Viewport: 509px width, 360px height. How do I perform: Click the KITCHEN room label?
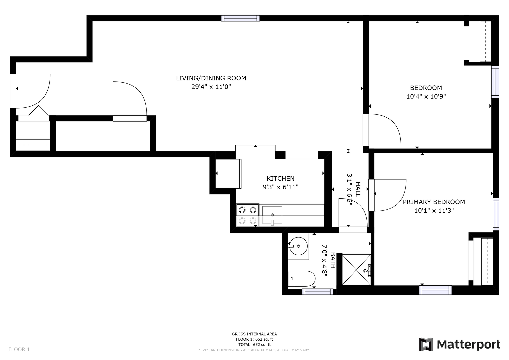tap(280, 178)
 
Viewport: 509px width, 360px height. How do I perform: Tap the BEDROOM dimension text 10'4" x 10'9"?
tap(426, 96)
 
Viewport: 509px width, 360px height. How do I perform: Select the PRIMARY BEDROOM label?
tap(434, 202)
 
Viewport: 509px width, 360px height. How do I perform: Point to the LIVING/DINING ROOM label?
tap(211, 78)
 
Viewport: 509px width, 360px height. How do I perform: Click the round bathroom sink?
tap(298, 246)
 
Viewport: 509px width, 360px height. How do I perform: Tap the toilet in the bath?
tap(302, 279)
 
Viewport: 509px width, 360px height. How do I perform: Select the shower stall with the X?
tap(356, 270)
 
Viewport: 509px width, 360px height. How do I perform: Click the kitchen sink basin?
tap(272, 215)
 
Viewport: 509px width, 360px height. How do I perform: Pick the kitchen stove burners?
tap(248, 215)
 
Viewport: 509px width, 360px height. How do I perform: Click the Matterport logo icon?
tap(426, 344)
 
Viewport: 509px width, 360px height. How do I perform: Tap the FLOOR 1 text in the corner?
tap(19, 349)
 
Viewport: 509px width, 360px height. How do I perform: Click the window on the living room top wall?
tap(240, 18)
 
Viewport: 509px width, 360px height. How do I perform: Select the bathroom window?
tap(318, 292)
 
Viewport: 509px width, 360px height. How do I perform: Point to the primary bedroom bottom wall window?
tap(435, 290)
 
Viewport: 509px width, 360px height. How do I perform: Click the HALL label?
tap(358, 189)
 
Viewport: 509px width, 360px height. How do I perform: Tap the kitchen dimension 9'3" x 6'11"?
tap(280, 187)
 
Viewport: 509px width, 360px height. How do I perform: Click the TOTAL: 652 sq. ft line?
tap(255, 345)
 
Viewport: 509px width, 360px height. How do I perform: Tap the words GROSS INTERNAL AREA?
tap(255, 334)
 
